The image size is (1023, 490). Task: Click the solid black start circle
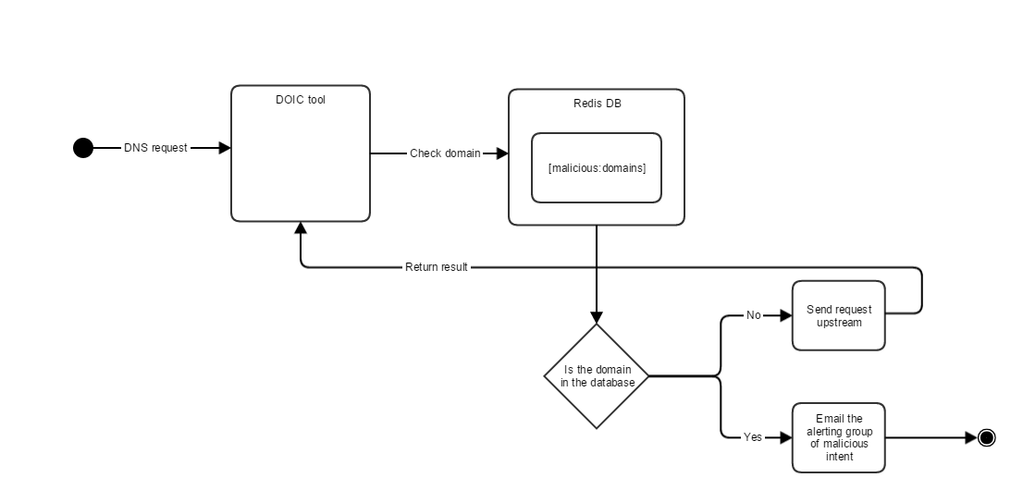coord(83,148)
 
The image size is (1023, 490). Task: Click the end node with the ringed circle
coord(986,437)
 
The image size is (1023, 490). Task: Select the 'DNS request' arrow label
coord(155,148)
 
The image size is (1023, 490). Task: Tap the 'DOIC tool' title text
coord(300,100)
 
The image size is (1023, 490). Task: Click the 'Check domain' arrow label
coord(445,153)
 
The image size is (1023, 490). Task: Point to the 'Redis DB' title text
coord(597,104)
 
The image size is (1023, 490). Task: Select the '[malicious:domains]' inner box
coord(597,167)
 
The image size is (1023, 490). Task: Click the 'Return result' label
coord(437,267)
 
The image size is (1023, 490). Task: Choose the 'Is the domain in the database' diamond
coord(597,376)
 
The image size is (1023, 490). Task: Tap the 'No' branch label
coord(753,315)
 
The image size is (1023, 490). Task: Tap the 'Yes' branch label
coord(753,437)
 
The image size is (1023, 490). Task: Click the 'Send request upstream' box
coord(839,315)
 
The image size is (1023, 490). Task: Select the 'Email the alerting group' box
coord(839,437)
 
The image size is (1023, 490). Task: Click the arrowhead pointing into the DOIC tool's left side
coord(225,148)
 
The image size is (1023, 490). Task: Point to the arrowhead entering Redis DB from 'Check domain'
coord(502,153)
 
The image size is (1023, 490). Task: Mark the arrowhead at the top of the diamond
coord(597,316)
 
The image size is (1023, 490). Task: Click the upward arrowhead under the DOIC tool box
coord(301,228)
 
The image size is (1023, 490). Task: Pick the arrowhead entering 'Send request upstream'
coord(786,315)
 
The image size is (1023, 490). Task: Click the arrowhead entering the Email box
coord(786,437)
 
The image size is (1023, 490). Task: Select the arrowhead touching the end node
coord(971,437)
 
